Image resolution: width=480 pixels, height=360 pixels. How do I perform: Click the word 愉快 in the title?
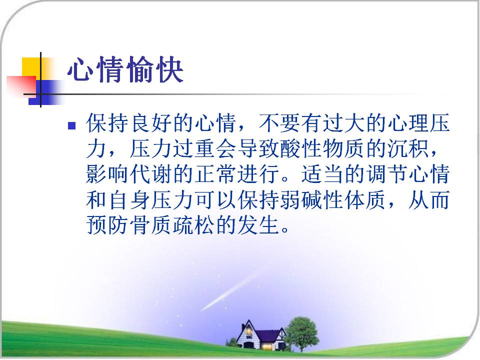pos(154,70)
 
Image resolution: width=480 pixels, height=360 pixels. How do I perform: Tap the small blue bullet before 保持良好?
pos(71,125)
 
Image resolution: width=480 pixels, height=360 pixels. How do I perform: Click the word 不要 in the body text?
pos(280,123)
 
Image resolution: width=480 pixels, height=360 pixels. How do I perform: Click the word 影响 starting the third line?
pos(107,174)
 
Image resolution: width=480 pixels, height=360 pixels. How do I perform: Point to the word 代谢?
pos(150,174)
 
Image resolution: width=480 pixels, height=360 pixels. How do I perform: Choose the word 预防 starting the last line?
pos(107,225)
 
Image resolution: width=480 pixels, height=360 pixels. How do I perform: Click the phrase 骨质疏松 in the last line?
pos(171,225)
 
